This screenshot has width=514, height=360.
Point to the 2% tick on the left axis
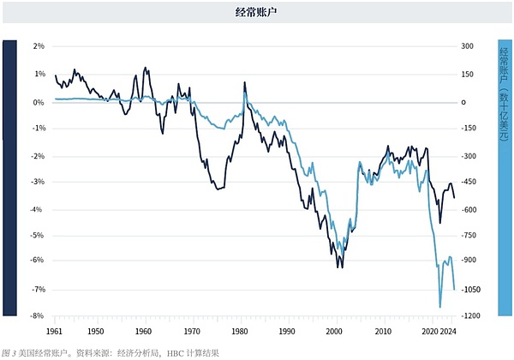tap(38, 46)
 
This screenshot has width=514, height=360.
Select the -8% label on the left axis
tap(38, 315)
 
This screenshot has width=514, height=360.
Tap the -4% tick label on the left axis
tap(38, 208)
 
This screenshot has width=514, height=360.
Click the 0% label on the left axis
tap(38, 102)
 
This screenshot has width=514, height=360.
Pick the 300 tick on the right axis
tap(468, 46)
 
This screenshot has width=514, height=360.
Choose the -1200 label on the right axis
tap(471, 315)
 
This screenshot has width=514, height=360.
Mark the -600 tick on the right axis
tap(469, 208)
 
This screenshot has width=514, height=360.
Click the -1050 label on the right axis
tap(471, 290)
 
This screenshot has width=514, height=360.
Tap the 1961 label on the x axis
tap(54, 330)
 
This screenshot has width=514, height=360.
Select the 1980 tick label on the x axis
tap(239, 330)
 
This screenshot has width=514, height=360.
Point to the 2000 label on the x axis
tap(336, 330)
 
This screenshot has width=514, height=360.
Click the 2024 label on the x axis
tap(447, 330)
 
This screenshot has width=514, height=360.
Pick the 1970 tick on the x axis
tap(191, 330)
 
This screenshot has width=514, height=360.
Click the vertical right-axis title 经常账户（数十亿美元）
tap(504, 94)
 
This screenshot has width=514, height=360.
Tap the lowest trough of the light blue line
tap(440, 306)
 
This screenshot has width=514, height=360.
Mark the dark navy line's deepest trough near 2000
tap(340, 267)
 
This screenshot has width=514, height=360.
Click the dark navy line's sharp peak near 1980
tap(244, 82)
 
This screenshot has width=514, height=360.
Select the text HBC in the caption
tap(175, 352)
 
